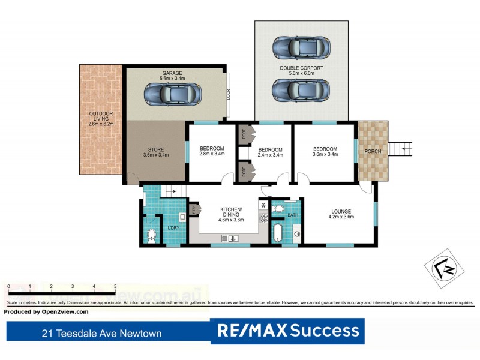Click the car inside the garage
click(x=172, y=94)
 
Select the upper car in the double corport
click(x=301, y=47)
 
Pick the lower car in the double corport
click(x=301, y=91)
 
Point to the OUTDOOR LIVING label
click(x=101, y=118)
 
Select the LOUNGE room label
click(x=340, y=211)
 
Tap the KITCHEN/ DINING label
click(x=231, y=212)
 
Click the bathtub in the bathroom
click(x=277, y=233)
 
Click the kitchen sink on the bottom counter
click(x=230, y=239)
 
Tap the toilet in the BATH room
click(x=278, y=209)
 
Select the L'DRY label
click(x=173, y=227)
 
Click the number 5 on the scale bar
click(x=115, y=286)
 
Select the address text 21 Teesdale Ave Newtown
click(x=101, y=333)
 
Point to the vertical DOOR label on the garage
click(x=229, y=94)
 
